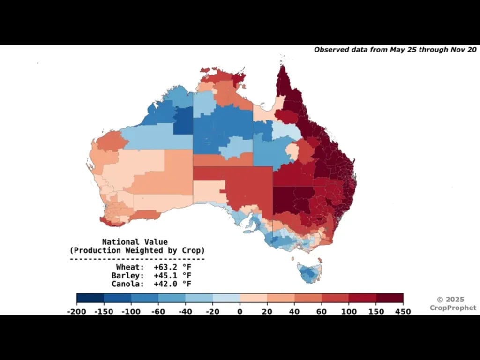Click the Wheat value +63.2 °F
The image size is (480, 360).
pos(172,267)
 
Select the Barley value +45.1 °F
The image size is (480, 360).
pos(172,276)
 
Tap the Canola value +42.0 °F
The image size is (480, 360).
pos(172,284)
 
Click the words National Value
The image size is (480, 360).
pos(137,242)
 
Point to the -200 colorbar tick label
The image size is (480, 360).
pos(77,312)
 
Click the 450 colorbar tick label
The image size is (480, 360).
pos(403,312)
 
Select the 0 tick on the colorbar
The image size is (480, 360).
pos(240,312)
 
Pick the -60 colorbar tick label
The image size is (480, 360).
pos(158,312)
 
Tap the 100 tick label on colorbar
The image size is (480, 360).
pos(348,312)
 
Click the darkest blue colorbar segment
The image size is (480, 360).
pos(90,298)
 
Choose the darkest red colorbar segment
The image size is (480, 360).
pos(390,298)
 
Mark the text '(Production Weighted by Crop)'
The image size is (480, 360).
pos(137,250)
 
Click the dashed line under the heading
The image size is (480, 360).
pos(137,258)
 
